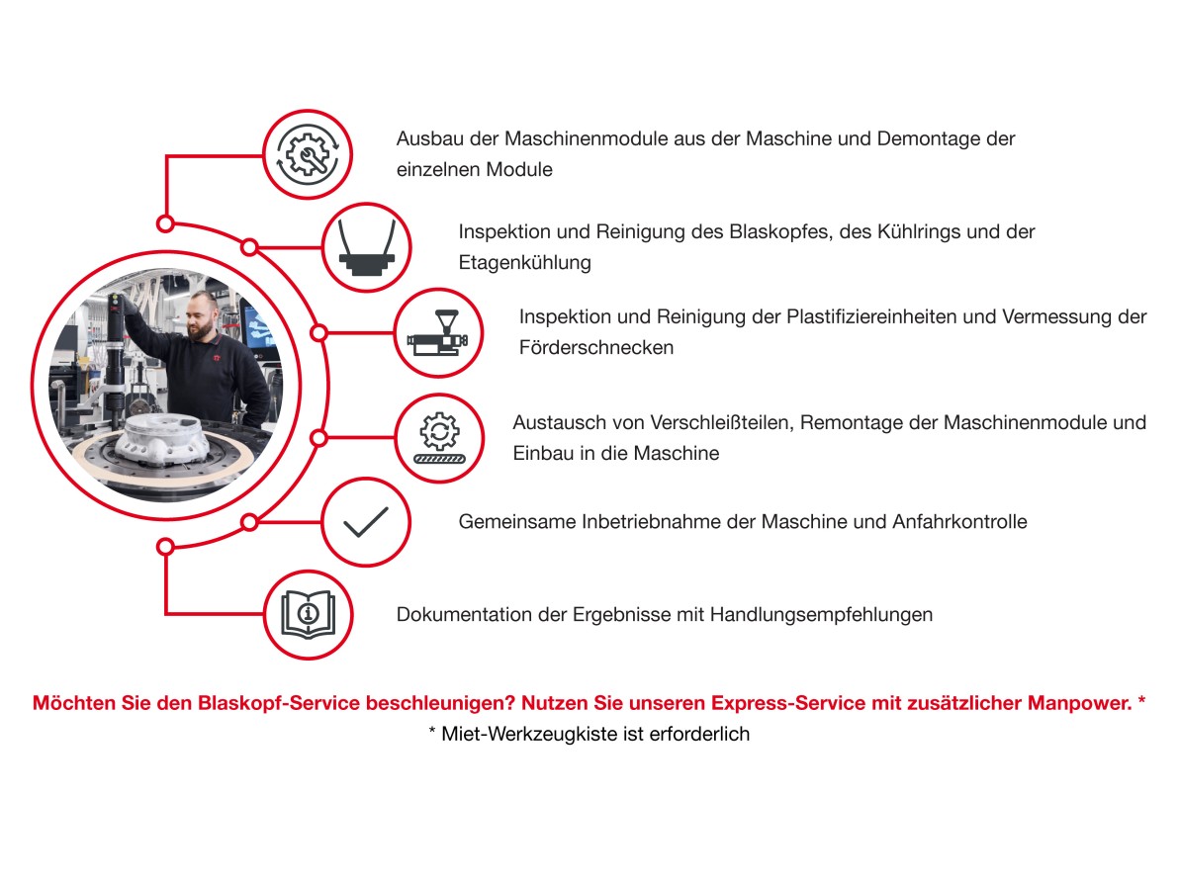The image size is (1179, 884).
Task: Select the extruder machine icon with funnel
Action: (x=437, y=332)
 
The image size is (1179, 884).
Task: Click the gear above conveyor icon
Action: (x=440, y=437)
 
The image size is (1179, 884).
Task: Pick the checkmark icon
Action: (x=366, y=522)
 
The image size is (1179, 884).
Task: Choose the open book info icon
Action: (x=308, y=614)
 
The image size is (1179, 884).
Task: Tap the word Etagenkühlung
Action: (x=525, y=263)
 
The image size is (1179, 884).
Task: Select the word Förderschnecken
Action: (x=596, y=347)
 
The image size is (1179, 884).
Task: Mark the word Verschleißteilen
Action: (x=721, y=422)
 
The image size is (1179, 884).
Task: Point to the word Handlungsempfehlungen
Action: (x=821, y=615)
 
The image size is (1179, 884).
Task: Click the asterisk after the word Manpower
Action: (x=1141, y=701)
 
